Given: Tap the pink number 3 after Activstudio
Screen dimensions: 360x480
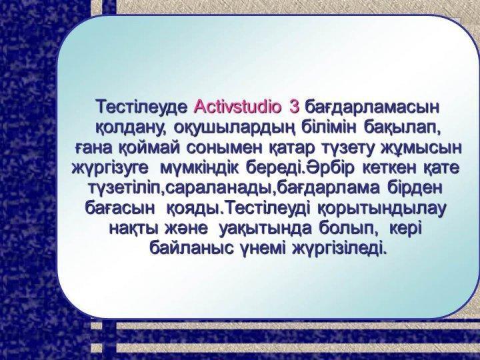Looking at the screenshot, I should click(x=294, y=106).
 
